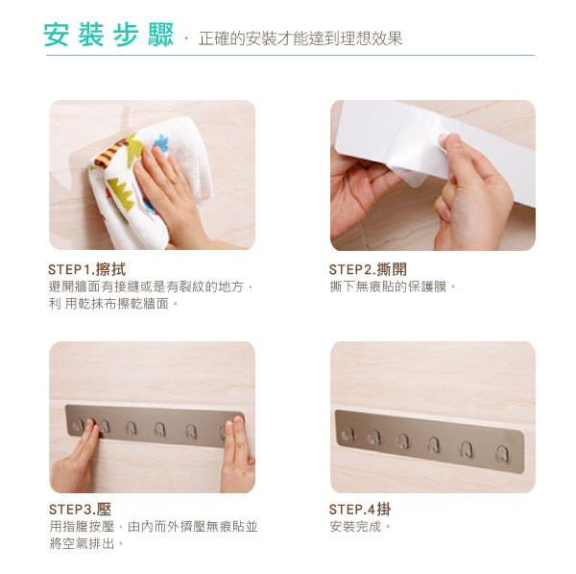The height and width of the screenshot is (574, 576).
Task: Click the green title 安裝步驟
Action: click(108, 35)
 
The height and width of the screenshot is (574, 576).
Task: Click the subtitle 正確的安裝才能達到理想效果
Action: click(300, 38)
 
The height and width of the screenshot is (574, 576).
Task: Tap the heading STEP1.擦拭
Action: click(87, 269)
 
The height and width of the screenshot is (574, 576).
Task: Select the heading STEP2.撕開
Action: click(368, 269)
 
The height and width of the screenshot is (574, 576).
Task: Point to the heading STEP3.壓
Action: click(80, 510)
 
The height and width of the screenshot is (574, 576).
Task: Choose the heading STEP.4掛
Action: click(360, 510)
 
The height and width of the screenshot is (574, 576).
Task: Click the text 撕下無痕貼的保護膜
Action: click(393, 287)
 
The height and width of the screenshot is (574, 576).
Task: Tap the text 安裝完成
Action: click(360, 527)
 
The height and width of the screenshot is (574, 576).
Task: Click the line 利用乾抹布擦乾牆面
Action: click(113, 304)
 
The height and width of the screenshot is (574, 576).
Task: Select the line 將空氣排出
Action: click(86, 543)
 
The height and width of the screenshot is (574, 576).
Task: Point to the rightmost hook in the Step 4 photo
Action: click(502, 455)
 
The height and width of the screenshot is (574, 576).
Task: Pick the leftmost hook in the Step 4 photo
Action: click(347, 435)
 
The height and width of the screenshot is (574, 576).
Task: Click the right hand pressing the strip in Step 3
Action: click(238, 455)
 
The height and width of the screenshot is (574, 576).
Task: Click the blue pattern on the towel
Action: click(160, 142)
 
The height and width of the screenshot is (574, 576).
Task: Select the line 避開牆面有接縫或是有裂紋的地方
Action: click(151, 287)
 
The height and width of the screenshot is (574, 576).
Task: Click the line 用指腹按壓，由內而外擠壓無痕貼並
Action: click(154, 527)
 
